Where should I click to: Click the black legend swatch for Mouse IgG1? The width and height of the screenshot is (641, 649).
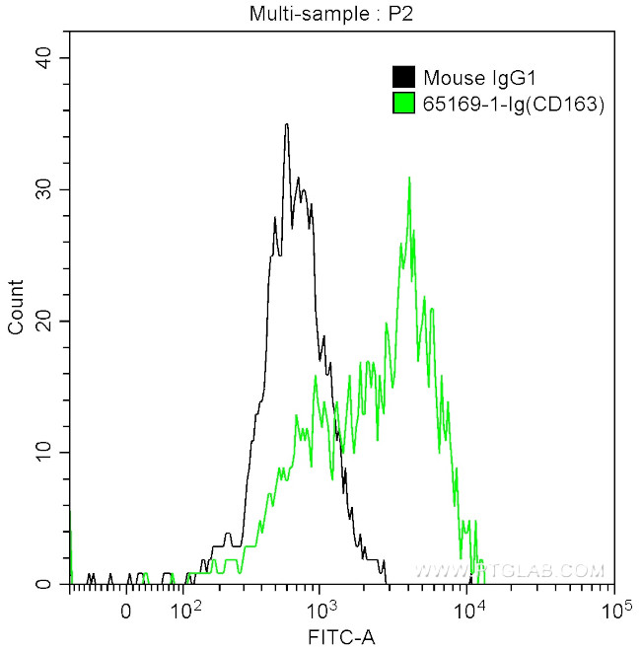pos(403,78)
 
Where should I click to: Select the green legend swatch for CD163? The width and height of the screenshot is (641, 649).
pos(403,103)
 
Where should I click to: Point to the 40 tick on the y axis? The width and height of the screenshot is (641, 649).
pos(44,58)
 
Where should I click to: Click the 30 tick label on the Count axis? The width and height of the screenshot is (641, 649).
pos(44,189)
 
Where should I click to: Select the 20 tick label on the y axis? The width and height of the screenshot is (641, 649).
pos(44,321)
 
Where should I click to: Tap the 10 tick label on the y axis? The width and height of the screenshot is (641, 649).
pos(44,452)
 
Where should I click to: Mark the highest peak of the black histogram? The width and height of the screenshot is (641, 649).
pos(286,125)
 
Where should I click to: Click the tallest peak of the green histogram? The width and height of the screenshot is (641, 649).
pos(408,179)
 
